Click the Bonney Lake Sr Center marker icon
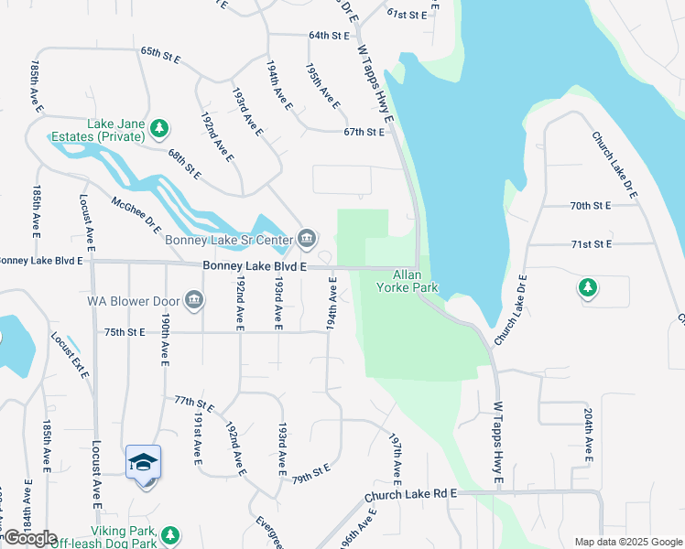309,240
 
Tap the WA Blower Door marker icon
194,300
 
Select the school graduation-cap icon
143,462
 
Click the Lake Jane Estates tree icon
160,127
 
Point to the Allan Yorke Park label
408,281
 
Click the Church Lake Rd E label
409,495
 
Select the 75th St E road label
125,332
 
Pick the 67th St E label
364,132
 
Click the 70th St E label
590,207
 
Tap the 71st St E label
591,244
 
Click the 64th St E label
330,36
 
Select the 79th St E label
310,475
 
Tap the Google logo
30,538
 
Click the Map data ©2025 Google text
627,542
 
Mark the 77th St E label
193,404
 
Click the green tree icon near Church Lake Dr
587,289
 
